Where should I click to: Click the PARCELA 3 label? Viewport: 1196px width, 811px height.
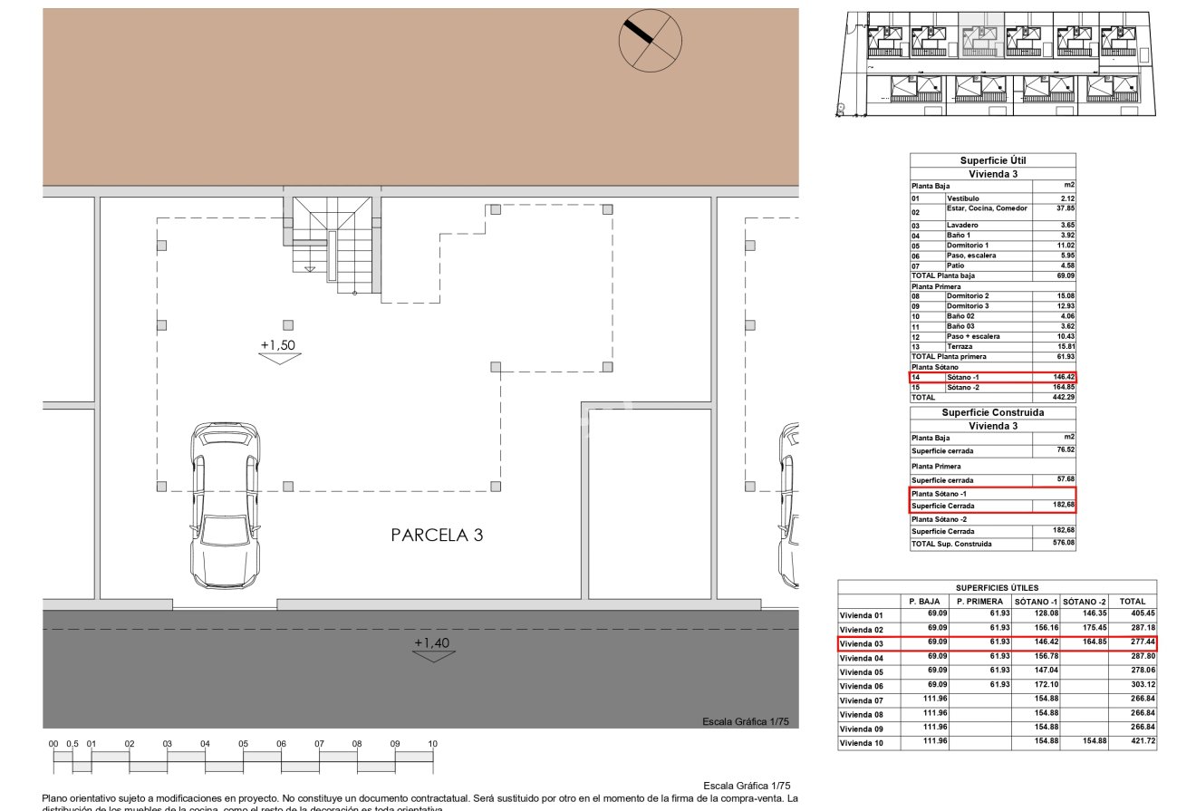click(x=437, y=536)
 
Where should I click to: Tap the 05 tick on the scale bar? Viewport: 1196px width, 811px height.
click(x=243, y=744)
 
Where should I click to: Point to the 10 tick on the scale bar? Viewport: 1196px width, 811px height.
click(x=432, y=744)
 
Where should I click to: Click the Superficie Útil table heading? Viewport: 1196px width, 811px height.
click(x=993, y=160)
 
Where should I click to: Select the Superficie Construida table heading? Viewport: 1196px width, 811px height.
click(x=993, y=412)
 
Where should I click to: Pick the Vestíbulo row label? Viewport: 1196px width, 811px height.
click(x=962, y=198)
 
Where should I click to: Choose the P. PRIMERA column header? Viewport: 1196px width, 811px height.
click(x=979, y=602)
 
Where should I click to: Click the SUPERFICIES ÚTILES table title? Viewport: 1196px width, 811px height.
click(x=997, y=588)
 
